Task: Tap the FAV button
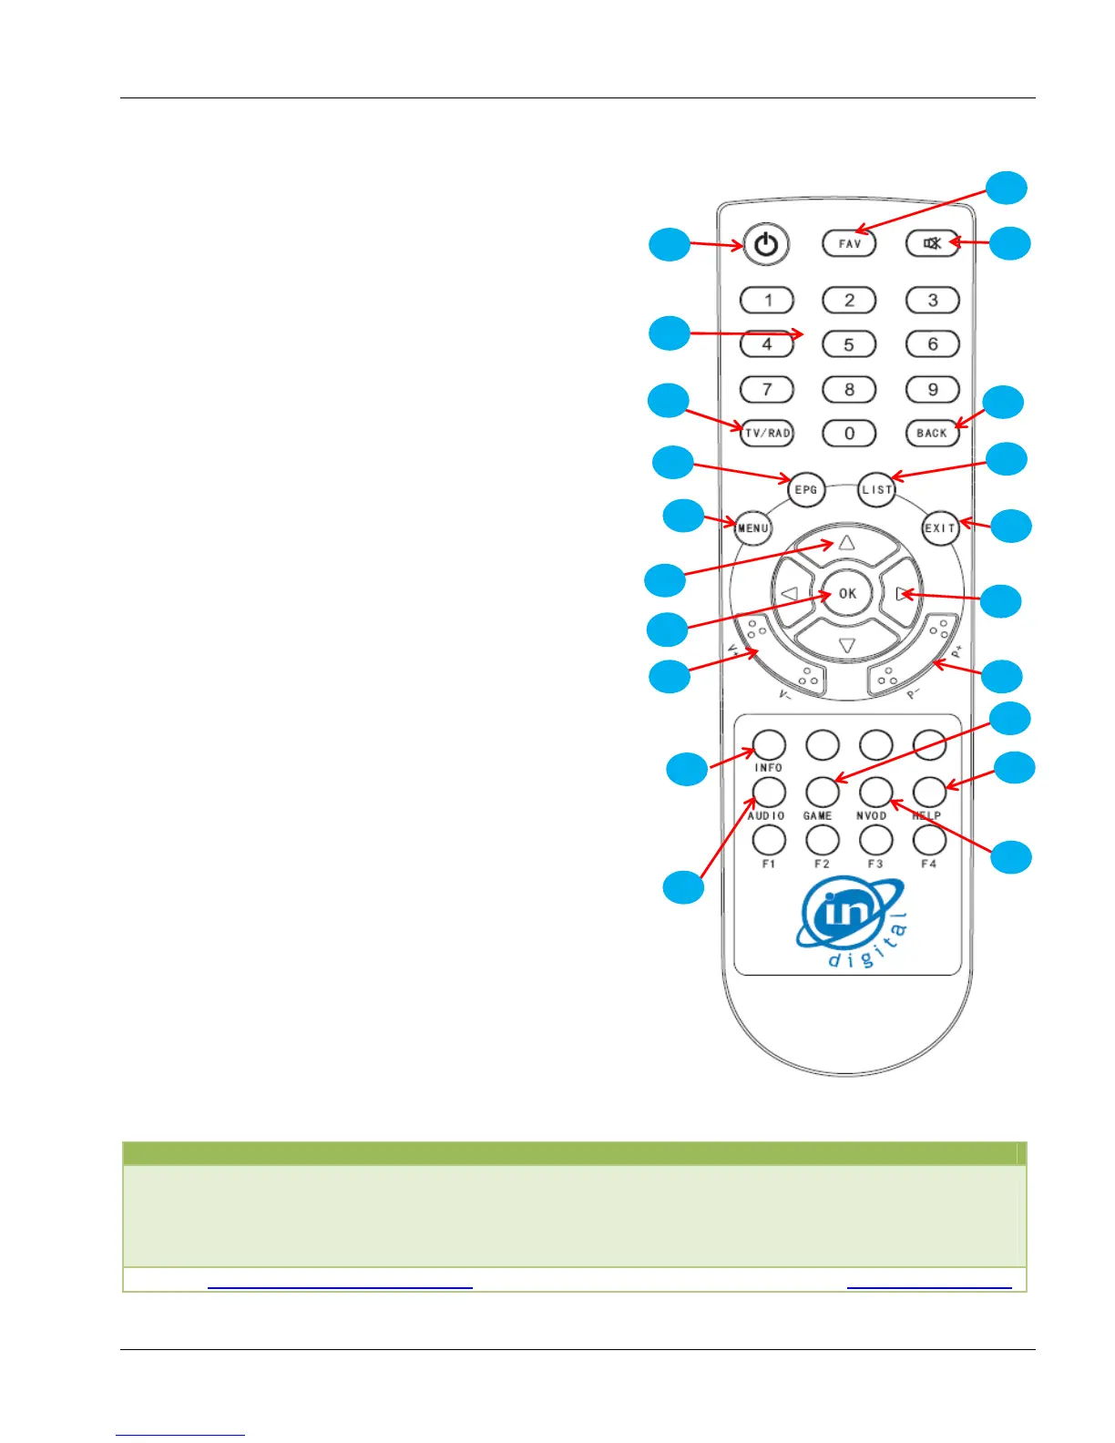(849, 243)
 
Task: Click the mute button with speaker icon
(932, 243)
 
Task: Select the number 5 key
(849, 344)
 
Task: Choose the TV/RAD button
(767, 433)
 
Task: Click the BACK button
(932, 433)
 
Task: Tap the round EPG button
(806, 490)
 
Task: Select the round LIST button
(877, 490)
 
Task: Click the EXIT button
(940, 527)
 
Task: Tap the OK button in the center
(847, 594)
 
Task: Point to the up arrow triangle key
(847, 544)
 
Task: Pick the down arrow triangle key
(847, 645)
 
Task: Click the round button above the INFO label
(769, 745)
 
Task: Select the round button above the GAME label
(822, 792)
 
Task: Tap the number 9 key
(932, 389)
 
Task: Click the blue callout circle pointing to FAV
(1008, 187)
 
